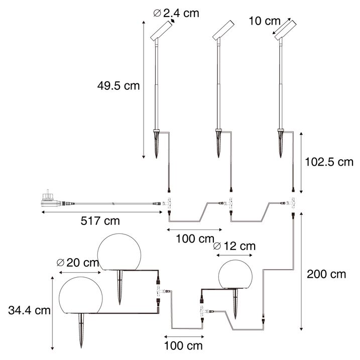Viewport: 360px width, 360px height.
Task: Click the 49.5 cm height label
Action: (x=118, y=86)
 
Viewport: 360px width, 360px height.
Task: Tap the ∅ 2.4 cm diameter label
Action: (x=176, y=13)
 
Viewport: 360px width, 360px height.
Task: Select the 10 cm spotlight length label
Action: (x=265, y=21)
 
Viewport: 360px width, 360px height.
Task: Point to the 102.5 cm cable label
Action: (x=329, y=162)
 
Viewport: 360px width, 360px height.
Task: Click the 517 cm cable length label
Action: (x=100, y=221)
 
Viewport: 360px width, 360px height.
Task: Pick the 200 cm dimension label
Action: (x=326, y=274)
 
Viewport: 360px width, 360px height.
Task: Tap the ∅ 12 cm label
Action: (x=234, y=246)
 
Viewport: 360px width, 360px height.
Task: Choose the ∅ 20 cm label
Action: (x=78, y=263)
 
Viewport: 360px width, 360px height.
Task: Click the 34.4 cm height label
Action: (x=30, y=310)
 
